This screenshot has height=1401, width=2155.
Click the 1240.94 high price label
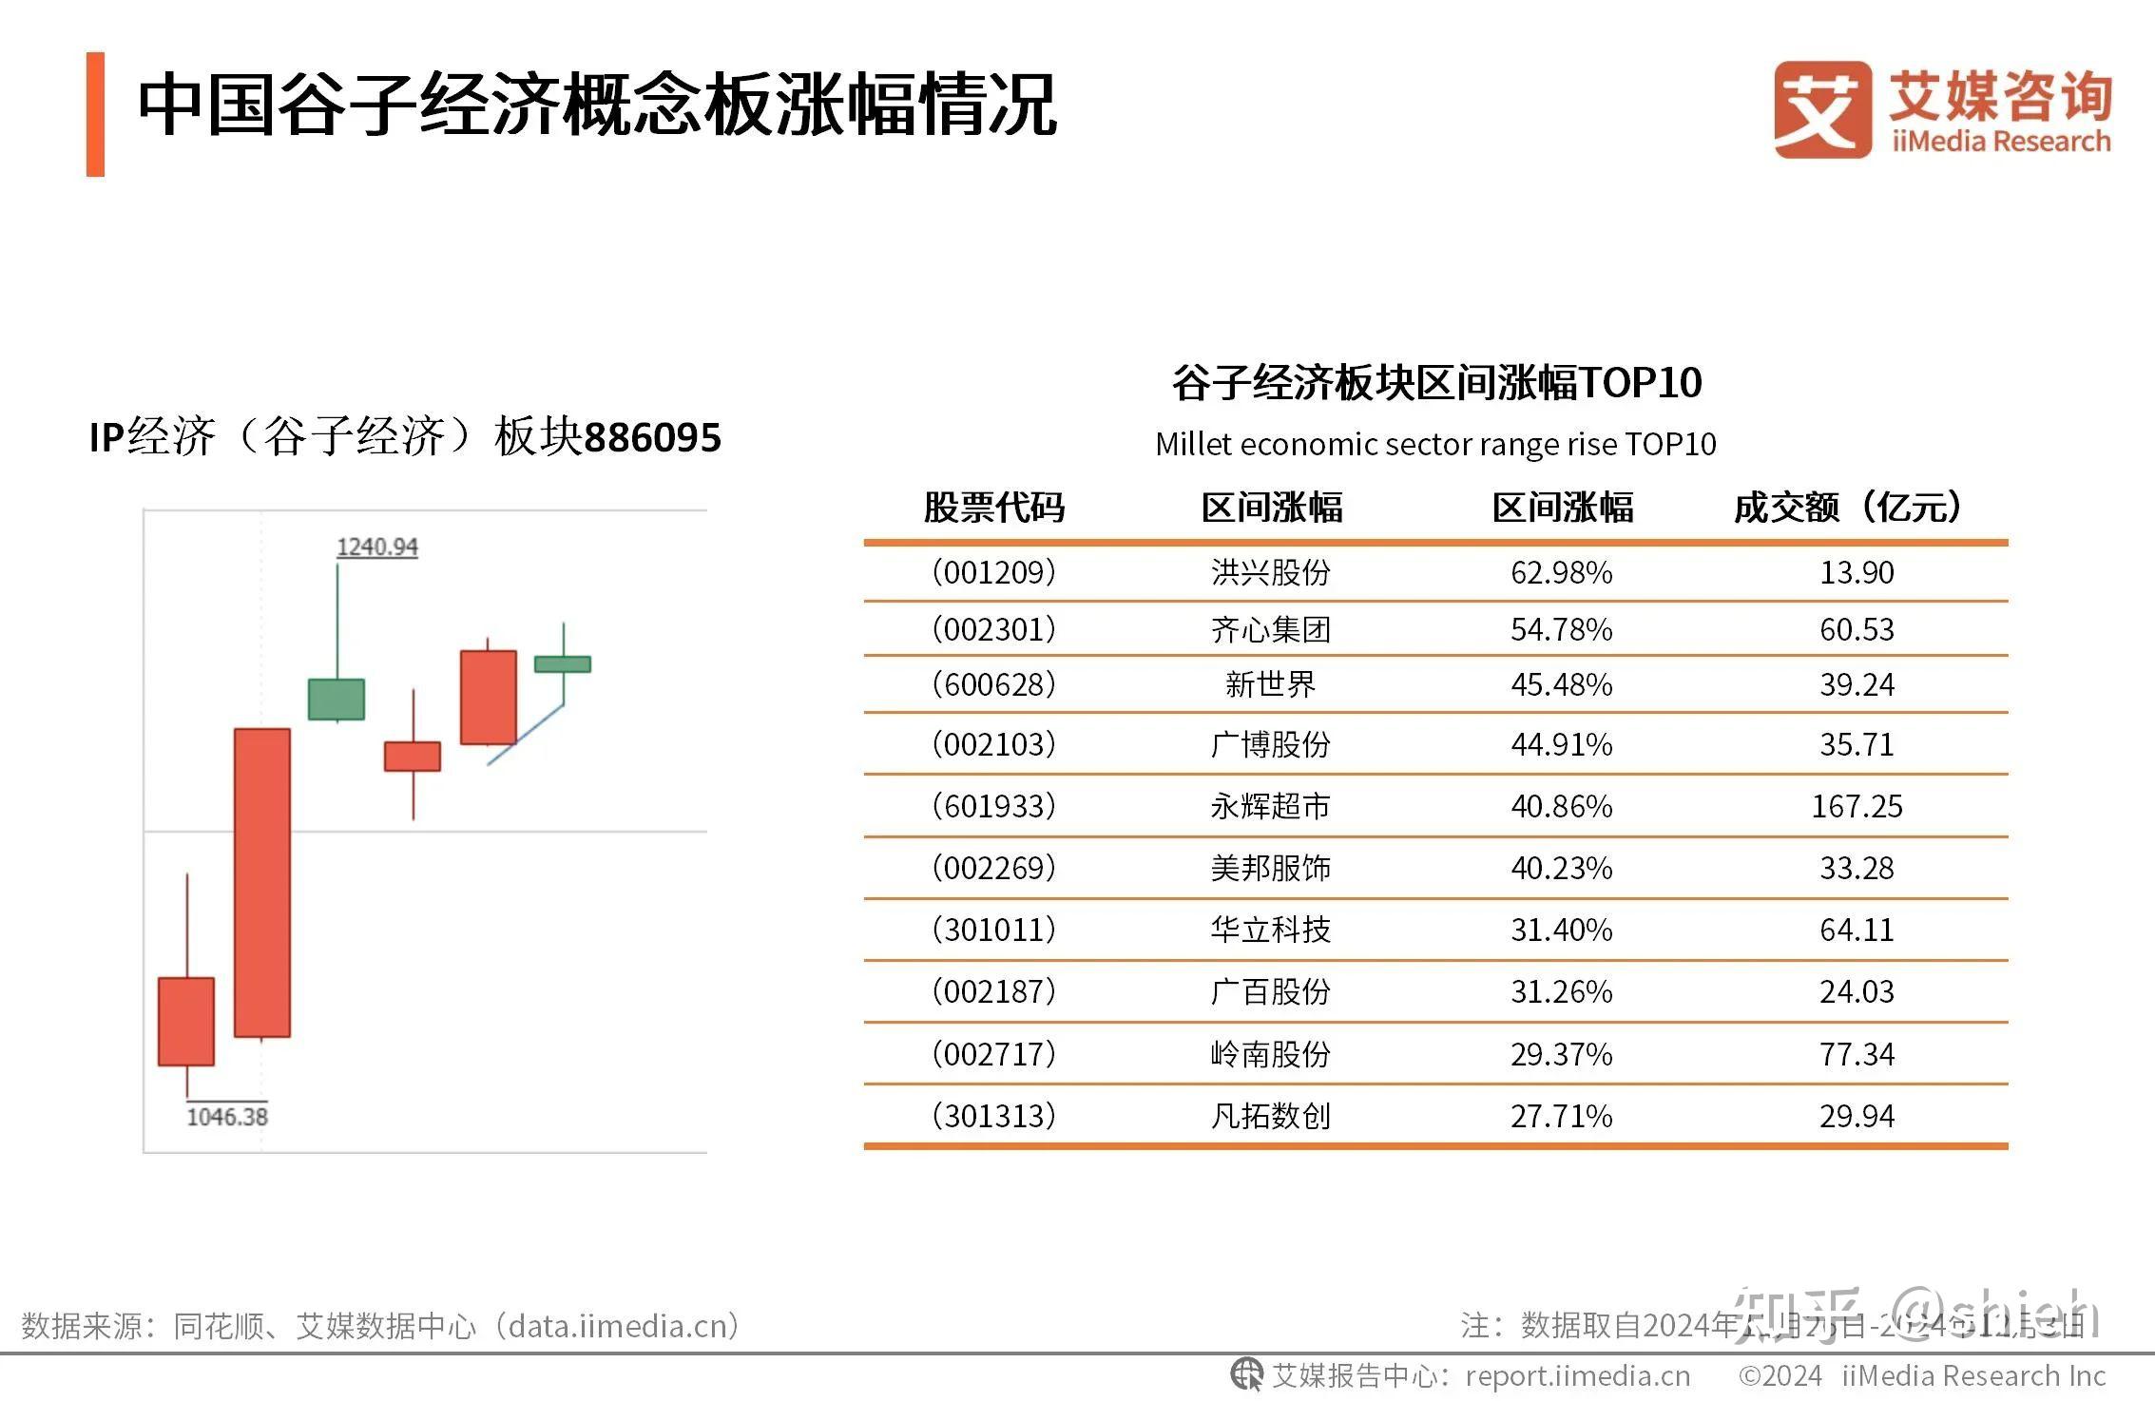pyautogui.click(x=376, y=547)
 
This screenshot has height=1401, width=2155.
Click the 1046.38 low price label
pyautogui.click(x=227, y=1116)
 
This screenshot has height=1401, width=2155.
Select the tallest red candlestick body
pyautogui.click(x=262, y=882)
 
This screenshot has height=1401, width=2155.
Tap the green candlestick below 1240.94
pyautogui.click(x=337, y=700)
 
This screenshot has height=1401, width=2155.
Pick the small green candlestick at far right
pyautogui.click(x=563, y=664)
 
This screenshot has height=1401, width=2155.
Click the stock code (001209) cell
pyautogui.click(x=993, y=572)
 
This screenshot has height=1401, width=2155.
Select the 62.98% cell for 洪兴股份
pyautogui.click(x=1561, y=572)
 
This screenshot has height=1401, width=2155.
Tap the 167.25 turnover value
pyautogui.click(x=1856, y=806)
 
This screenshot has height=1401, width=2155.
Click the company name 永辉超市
pyautogui.click(x=1270, y=806)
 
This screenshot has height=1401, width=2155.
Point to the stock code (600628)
pyautogui.click(x=993, y=684)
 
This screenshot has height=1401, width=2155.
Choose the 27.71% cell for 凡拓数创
pyautogui.click(x=1561, y=1116)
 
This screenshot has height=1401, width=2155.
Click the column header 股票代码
pyautogui.click(x=993, y=508)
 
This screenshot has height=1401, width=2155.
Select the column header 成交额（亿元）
pyautogui.click(x=1848, y=508)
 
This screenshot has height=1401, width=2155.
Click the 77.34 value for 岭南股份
pyautogui.click(x=1856, y=1054)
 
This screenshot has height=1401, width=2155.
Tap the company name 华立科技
pyautogui.click(x=1270, y=930)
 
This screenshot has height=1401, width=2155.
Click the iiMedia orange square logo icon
pyautogui.click(x=1821, y=109)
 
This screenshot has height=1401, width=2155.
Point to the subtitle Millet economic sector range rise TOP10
pyautogui.click(x=1435, y=444)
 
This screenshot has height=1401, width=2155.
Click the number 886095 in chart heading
pyautogui.click(x=652, y=438)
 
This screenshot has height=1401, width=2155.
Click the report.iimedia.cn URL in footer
pyautogui.click(x=1578, y=1376)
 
